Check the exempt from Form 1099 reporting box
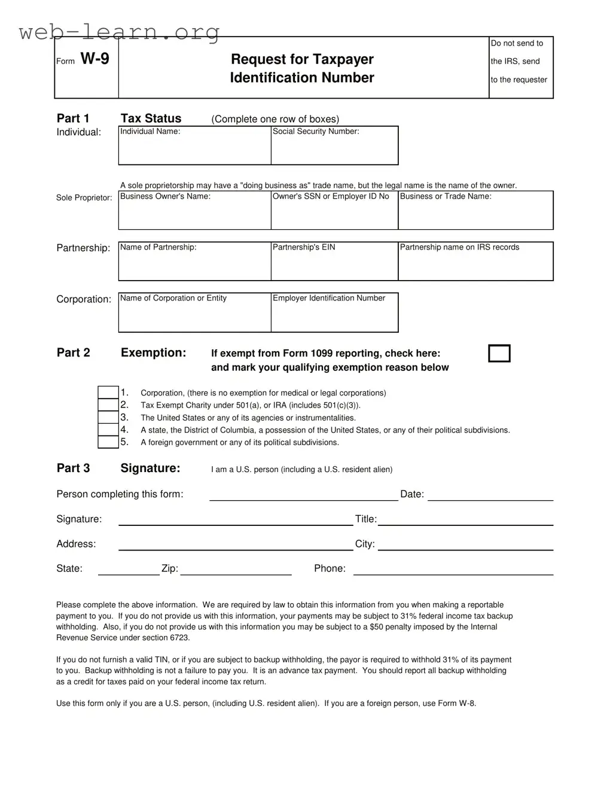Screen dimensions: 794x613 pos(499,354)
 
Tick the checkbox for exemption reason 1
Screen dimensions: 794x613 pos(108,393)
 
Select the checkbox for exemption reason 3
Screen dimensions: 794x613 pos(108,418)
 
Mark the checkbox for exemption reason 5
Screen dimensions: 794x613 pos(108,442)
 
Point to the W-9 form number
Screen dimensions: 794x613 pos(94,59)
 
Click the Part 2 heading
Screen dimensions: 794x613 pos(73,353)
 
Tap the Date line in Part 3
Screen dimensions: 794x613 pos(490,495)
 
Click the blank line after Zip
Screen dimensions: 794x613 pos(236,569)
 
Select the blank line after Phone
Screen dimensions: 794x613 pos(453,569)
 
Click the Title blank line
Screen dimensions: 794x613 pos(465,520)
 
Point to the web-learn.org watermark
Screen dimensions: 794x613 pos(119,31)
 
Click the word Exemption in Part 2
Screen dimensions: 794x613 pos(153,353)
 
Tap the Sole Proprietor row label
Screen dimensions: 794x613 pos(84,198)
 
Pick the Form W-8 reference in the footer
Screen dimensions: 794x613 pos(457,704)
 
